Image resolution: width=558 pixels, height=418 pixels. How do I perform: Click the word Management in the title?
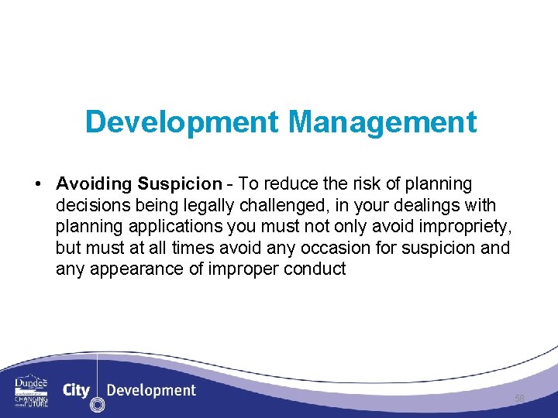point(382,122)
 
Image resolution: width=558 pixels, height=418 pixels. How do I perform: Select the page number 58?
point(519,399)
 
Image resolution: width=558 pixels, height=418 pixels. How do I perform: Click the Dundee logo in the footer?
point(31,390)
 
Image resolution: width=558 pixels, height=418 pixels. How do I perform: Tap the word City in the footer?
point(76,390)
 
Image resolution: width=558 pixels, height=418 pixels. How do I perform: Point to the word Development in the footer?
point(151,390)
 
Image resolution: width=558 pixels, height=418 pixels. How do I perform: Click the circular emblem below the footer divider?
point(97,405)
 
